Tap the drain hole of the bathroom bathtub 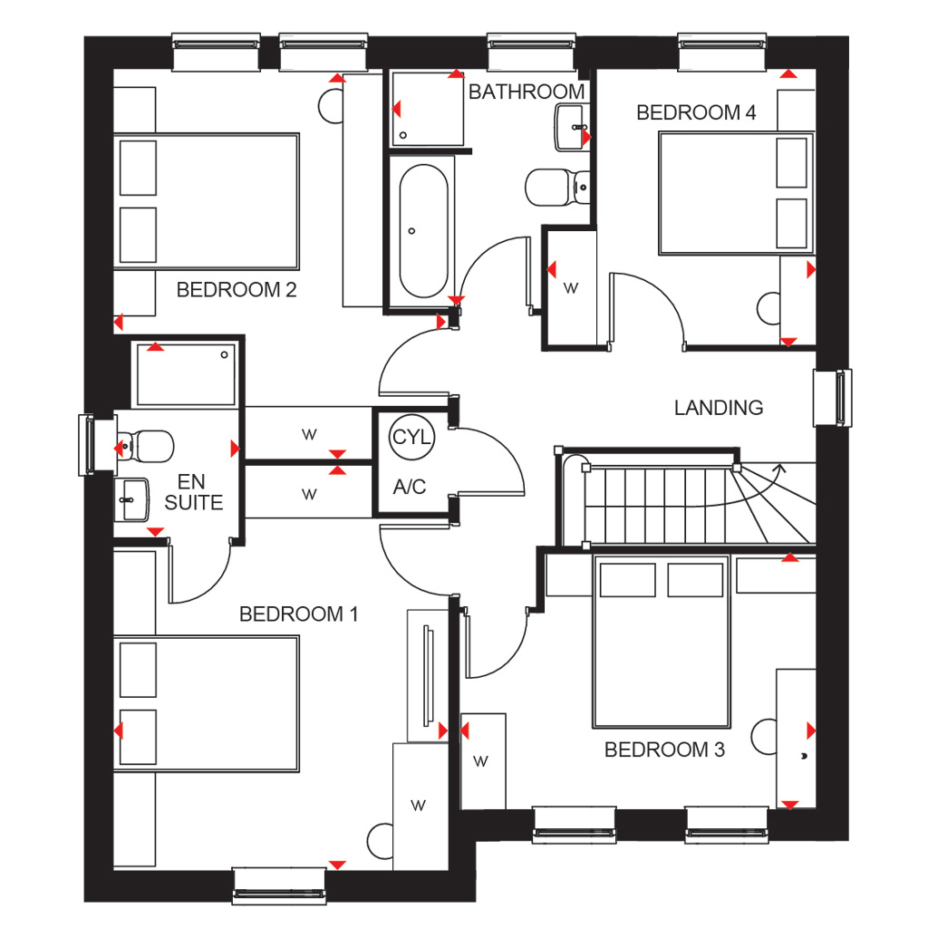tap(412, 231)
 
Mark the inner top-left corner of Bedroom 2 tap(113, 70)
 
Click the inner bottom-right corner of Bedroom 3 tap(816, 808)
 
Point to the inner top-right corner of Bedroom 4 tap(816, 70)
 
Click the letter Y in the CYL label tap(412, 438)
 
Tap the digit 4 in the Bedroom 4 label tap(750, 112)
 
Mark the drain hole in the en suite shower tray tap(225, 355)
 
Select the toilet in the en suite tap(145, 446)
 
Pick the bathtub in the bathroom tap(423, 231)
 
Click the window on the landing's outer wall tap(833, 398)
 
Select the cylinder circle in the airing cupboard tap(412, 438)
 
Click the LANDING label tap(719, 408)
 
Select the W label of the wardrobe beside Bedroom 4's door tap(571, 288)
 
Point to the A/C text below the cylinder tap(410, 487)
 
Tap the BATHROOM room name tap(527, 92)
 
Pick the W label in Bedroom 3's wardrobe tap(480, 761)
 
